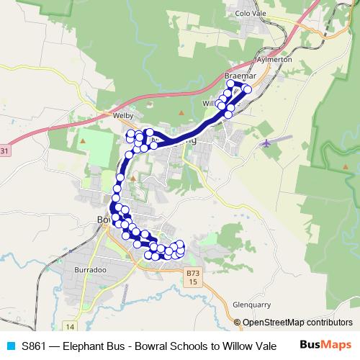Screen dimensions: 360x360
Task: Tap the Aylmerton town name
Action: tap(274, 60)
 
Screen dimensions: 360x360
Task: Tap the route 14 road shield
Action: tap(69, 327)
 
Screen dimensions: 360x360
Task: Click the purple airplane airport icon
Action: tap(266, 143)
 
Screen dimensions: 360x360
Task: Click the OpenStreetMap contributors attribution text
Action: tap(297, 323)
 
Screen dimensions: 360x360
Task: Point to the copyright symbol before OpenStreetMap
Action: tap(238, 323)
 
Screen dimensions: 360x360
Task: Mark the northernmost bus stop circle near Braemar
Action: tap(231, 84)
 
